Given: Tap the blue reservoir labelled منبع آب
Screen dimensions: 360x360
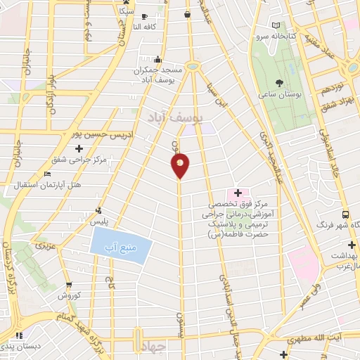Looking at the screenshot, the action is (x=121, y=247).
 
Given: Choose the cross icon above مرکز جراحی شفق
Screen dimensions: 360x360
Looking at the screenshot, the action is (x=79, y=148).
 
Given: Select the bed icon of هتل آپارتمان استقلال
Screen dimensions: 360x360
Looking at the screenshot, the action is (x=47, y=174).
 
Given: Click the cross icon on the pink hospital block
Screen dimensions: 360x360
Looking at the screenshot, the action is (x=237, y=193).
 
